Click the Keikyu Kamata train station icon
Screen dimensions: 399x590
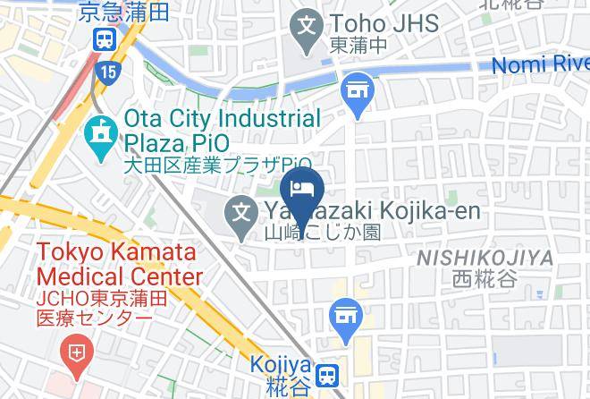[104, 38]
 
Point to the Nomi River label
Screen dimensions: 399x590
[542, 64]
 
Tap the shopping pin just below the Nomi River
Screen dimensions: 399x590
[358, 92]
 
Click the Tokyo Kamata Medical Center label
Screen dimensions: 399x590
[119, 266]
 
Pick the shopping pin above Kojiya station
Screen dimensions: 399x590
[343, 316]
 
